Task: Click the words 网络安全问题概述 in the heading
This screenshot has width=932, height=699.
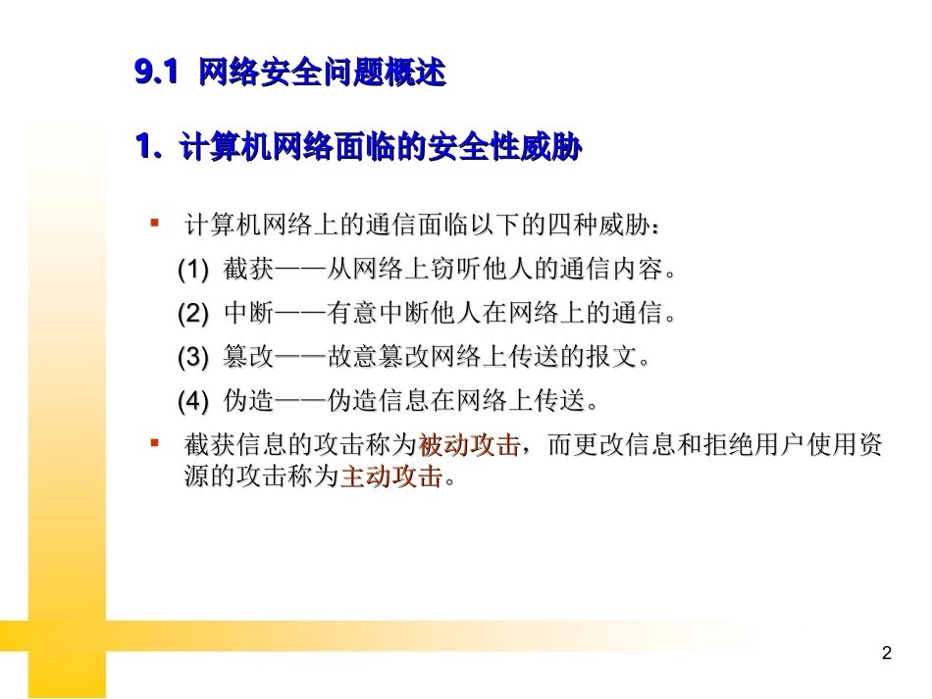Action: (x=322, y=73)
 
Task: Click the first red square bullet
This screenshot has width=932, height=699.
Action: (x=154, y=224)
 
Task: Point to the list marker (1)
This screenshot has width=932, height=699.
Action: (x=193, y=269)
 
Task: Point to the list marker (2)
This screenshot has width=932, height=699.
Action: (x=193, y=314)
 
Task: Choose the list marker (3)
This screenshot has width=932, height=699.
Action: (x=193, y=358)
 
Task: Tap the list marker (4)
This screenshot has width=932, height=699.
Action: (x=193, y=402)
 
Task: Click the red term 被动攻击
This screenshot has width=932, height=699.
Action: (x=469, y=446)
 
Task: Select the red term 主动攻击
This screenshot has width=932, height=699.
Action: (x=390, y=478)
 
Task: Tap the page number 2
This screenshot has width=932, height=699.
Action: (x=887, y=653)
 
